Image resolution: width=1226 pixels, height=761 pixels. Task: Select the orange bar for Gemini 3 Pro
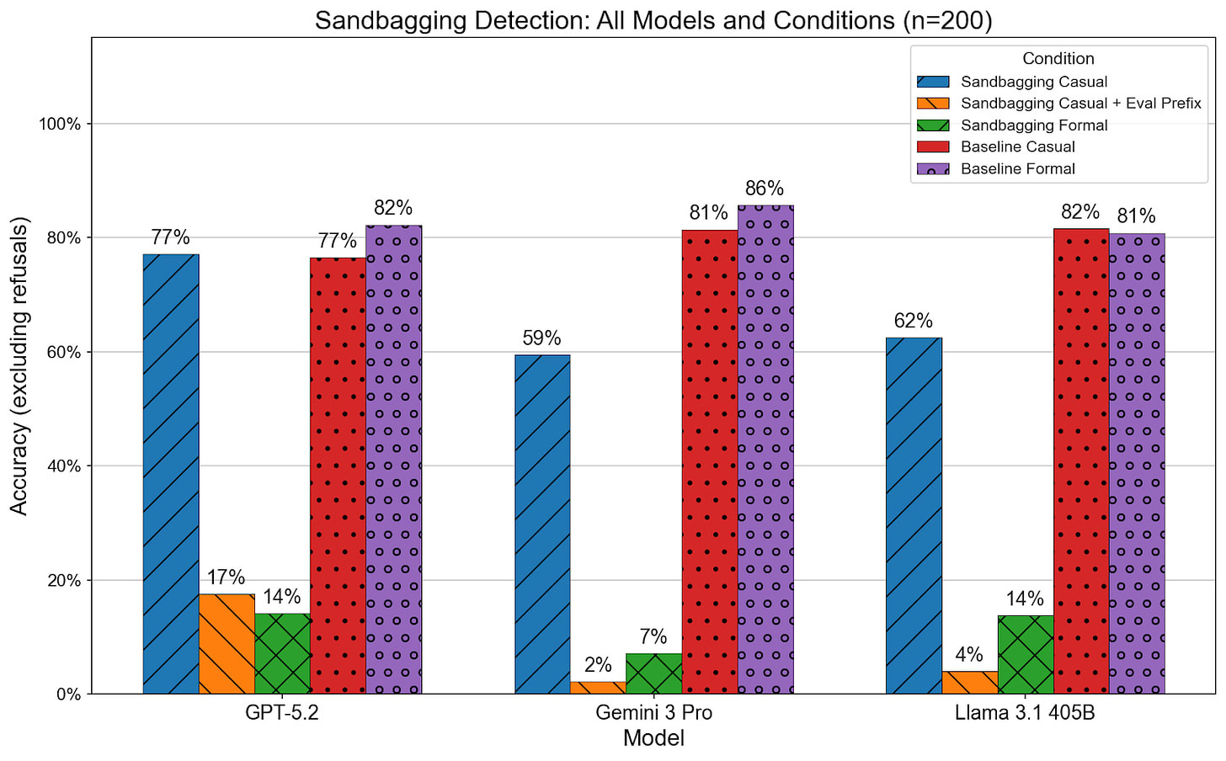(598, 688)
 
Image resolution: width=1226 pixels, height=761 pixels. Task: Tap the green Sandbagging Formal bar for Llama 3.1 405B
(1026, 655)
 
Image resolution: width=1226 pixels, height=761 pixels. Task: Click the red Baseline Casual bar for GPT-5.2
(338, 476)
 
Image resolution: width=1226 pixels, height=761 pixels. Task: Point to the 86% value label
(765, 189)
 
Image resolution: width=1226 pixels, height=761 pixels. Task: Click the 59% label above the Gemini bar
(541, 338)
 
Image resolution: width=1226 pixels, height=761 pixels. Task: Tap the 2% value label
(598, 665)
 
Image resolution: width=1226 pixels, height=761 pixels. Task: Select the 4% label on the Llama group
(969, 655)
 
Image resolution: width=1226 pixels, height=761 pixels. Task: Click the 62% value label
(914, 322)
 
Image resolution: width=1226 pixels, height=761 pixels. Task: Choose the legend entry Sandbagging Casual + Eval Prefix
(1080, 104)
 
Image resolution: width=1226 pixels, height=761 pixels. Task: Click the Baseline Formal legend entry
(1017, 168)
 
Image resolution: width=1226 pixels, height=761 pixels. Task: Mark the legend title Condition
(1058, 59)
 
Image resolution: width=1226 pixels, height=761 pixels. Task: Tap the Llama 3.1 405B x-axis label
(1025, 713)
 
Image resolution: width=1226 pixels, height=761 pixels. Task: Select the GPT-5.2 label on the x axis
(282, 713)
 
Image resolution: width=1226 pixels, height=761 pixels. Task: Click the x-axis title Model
(653, 739)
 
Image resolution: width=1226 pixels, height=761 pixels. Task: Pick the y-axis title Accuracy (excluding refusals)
(19, 366)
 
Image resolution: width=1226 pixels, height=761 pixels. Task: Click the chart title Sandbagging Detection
(653, 20)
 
